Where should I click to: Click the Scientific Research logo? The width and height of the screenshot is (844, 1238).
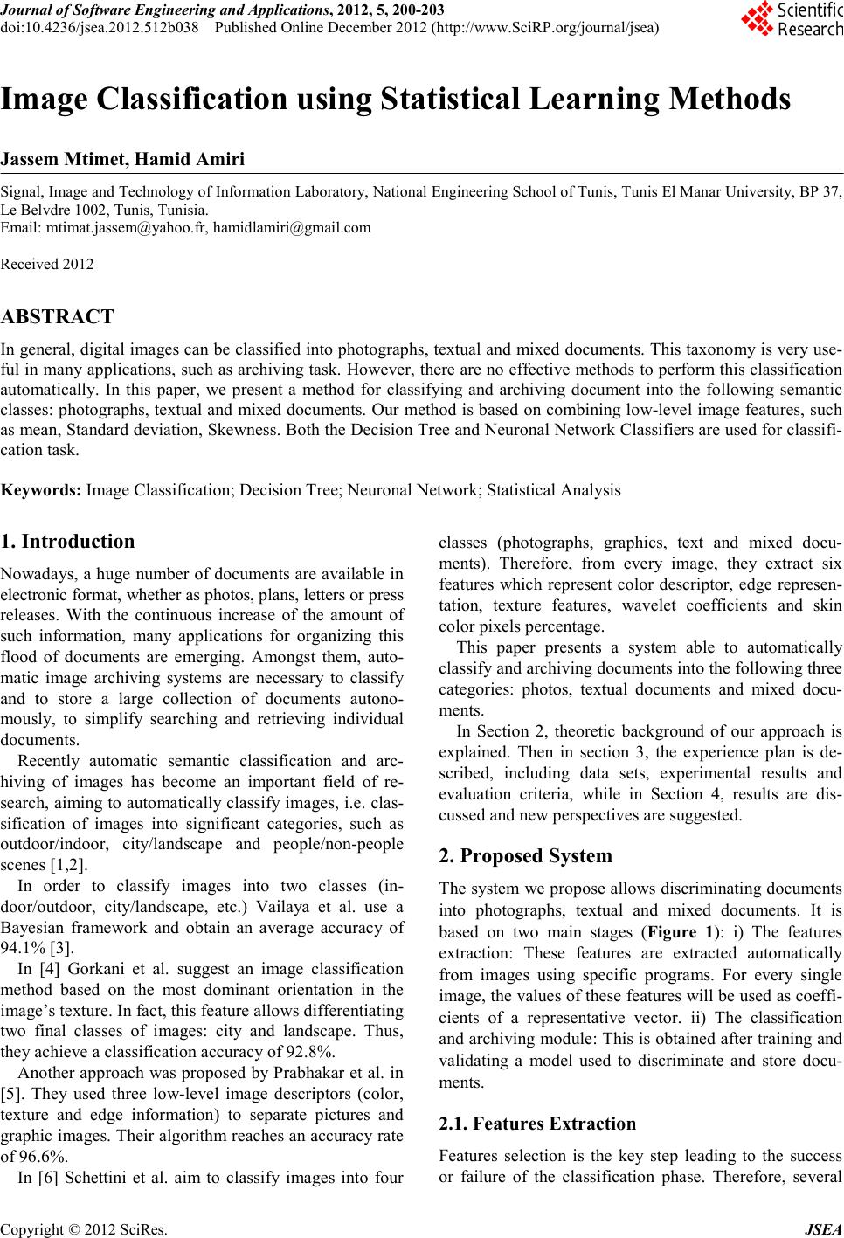pos(791,19)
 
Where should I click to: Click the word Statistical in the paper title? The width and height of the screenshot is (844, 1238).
pos(463,100)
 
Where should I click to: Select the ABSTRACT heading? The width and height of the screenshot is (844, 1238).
pos(58,316)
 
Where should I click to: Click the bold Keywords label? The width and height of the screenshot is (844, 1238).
pos(42,489)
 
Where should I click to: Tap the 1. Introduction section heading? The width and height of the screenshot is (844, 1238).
pos(68,541)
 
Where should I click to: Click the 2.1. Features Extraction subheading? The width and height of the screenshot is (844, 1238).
pos(536,1124)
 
